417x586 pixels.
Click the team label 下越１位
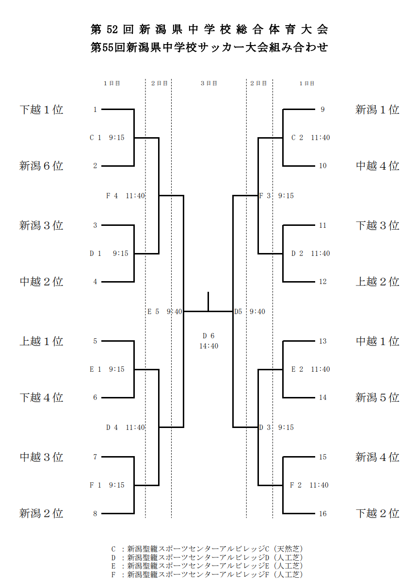[x=41, y=110]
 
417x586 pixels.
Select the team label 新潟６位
[x=41, y=166]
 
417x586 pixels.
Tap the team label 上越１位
[x=41, y=341]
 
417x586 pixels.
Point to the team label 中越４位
[x=377, y=166]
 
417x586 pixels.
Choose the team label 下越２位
[x=377, y=513]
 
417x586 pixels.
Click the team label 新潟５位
[x=377, y=397]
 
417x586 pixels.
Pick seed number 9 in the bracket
[x=322, y=110]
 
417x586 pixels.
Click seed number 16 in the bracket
[x=322, y=514]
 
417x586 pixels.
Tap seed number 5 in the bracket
[x=95, y=341]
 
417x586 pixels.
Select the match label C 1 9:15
[x=107, y=138]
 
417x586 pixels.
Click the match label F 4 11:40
[x=126, y=196]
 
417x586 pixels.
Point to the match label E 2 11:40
[x=311, y=369]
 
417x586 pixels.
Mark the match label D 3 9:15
[x=276, y=428]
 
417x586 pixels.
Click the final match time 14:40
[x=208, y=346]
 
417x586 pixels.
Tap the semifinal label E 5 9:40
[x=165, y=312]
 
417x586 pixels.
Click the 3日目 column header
[x=209, y=83]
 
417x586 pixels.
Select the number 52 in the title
[x=112, y=30]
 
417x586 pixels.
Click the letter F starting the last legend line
[x=113, y=574]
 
